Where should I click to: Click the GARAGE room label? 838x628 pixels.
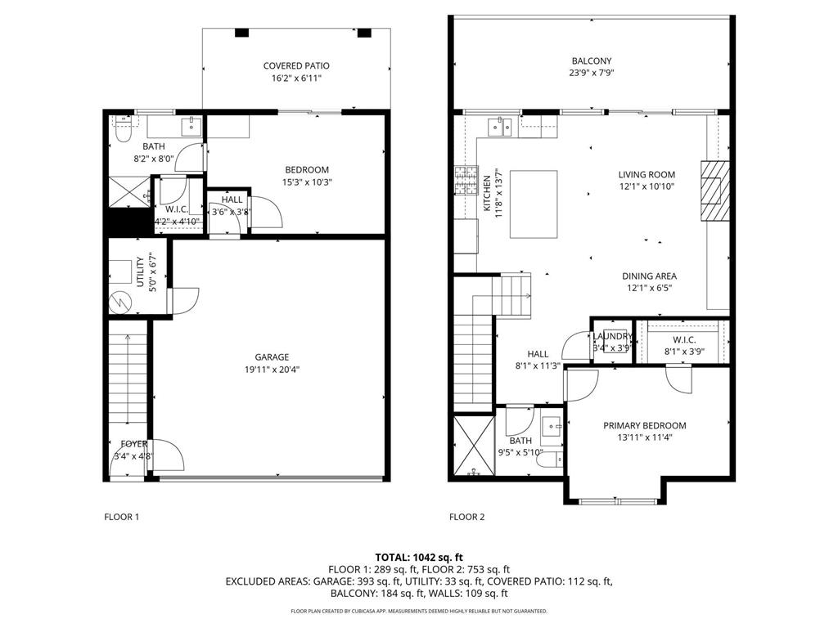coord(272,357)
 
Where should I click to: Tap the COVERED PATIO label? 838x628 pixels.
coord(296,65)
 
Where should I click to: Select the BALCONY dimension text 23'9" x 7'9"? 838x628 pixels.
coord(591,73)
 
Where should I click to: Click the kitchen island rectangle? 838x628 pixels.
coord(534,204)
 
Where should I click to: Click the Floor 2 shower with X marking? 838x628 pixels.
coord(472,446)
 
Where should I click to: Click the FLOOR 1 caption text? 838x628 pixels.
coord(122,517)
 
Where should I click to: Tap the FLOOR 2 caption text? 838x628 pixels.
coord(467,517)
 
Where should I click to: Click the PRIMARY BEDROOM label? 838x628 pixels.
coord(645,425)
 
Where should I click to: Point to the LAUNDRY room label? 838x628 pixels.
coord(612,336)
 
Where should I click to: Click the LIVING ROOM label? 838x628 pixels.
coord(647,174)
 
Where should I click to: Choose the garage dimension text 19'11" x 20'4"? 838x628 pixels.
coord(272,369)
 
